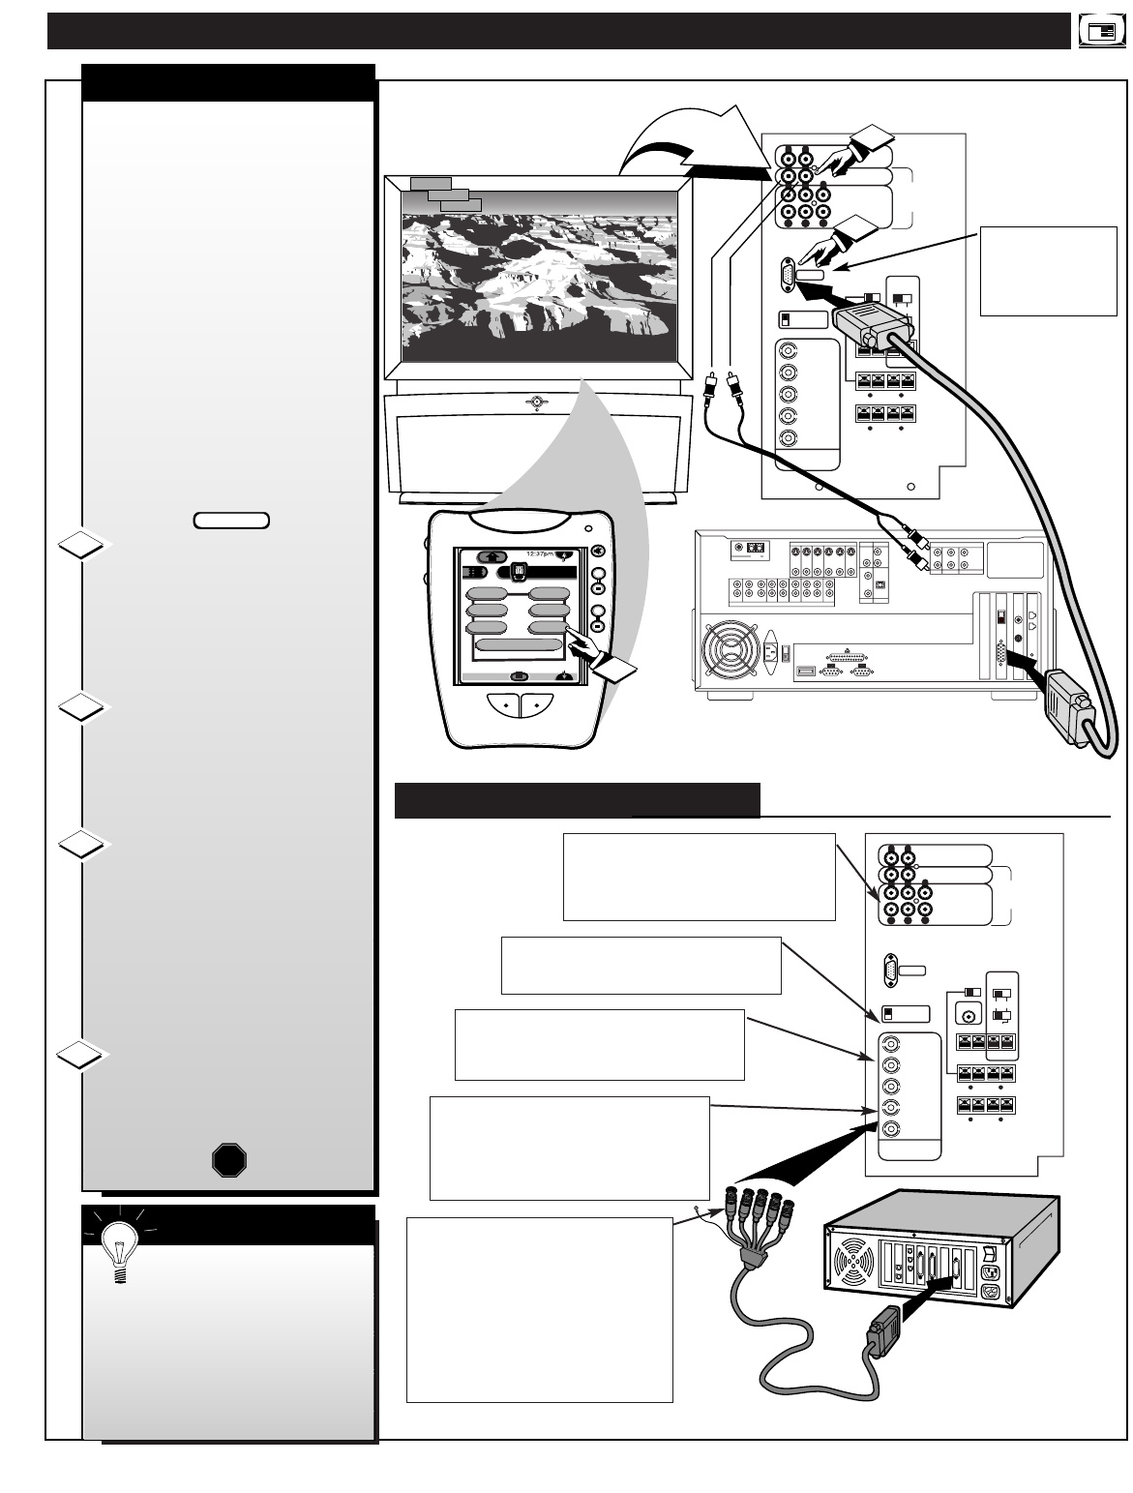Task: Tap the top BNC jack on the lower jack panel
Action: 889,1046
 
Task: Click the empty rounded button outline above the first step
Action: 231,521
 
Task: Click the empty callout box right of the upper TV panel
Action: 1048,271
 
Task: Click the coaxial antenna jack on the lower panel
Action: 967,1015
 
